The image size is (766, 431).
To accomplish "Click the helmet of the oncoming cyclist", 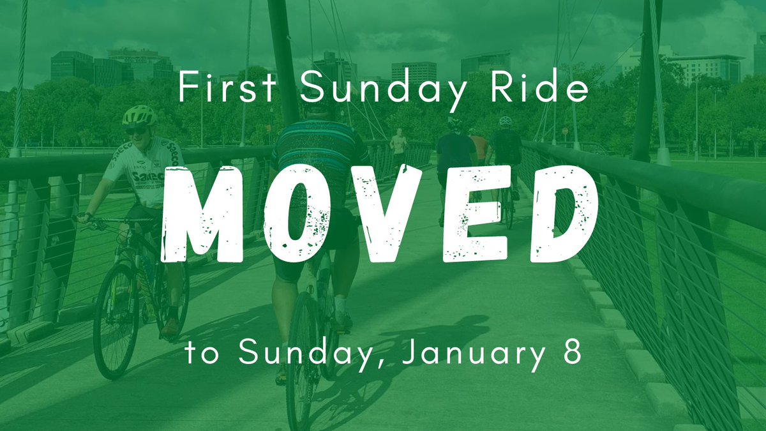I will [x=139, y=115].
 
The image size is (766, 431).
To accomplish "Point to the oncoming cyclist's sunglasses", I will [x=136, y=130].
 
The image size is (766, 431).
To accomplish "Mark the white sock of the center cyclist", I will [x=340, y=305].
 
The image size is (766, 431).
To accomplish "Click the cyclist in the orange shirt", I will [x=479, y=148].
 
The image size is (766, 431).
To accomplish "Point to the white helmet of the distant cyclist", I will [x=506, y=121].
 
